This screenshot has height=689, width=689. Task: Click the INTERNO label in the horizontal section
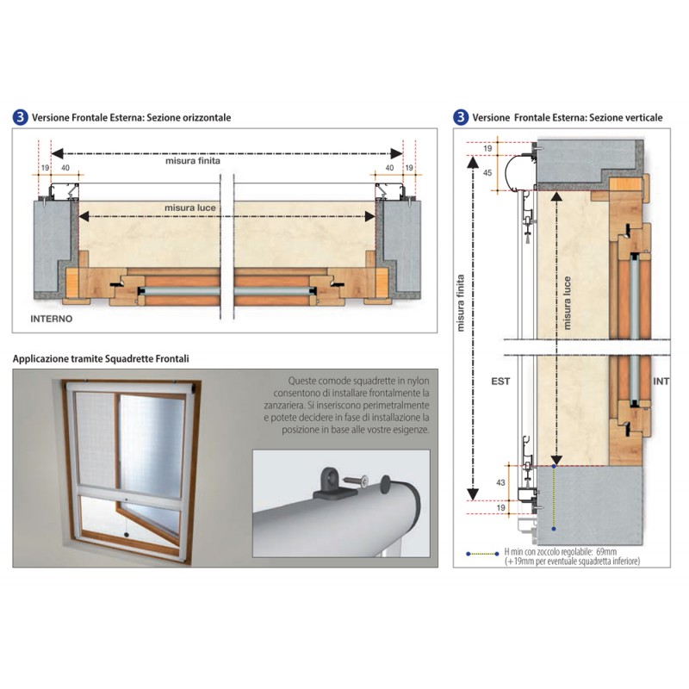[52, 319]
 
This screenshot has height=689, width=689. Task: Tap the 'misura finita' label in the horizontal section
[192, 161]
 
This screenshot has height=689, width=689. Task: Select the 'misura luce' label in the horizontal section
[189, 208]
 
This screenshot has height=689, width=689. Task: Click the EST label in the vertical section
[500, 382]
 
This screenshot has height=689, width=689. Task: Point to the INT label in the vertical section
[661, 382]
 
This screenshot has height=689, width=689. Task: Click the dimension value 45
[487, 173]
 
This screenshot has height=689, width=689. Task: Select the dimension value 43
[500, 482]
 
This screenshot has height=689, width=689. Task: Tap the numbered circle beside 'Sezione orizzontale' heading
[20, 117]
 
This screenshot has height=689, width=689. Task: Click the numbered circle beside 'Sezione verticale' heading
[461, 117]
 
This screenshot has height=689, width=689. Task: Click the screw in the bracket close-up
[356, 481]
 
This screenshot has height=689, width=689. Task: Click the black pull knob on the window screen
[127, 535]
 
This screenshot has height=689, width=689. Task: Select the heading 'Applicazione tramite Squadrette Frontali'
[101, 358]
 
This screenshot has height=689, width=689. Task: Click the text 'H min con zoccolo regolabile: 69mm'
[561, 552]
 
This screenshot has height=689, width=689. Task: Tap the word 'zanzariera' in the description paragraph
[284, 405]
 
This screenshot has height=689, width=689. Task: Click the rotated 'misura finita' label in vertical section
[461, 303]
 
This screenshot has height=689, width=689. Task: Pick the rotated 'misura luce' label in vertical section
[567, 303]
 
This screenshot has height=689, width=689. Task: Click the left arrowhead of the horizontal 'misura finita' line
[57, 153]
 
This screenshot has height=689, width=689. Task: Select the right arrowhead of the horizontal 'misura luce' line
[370, 216]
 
